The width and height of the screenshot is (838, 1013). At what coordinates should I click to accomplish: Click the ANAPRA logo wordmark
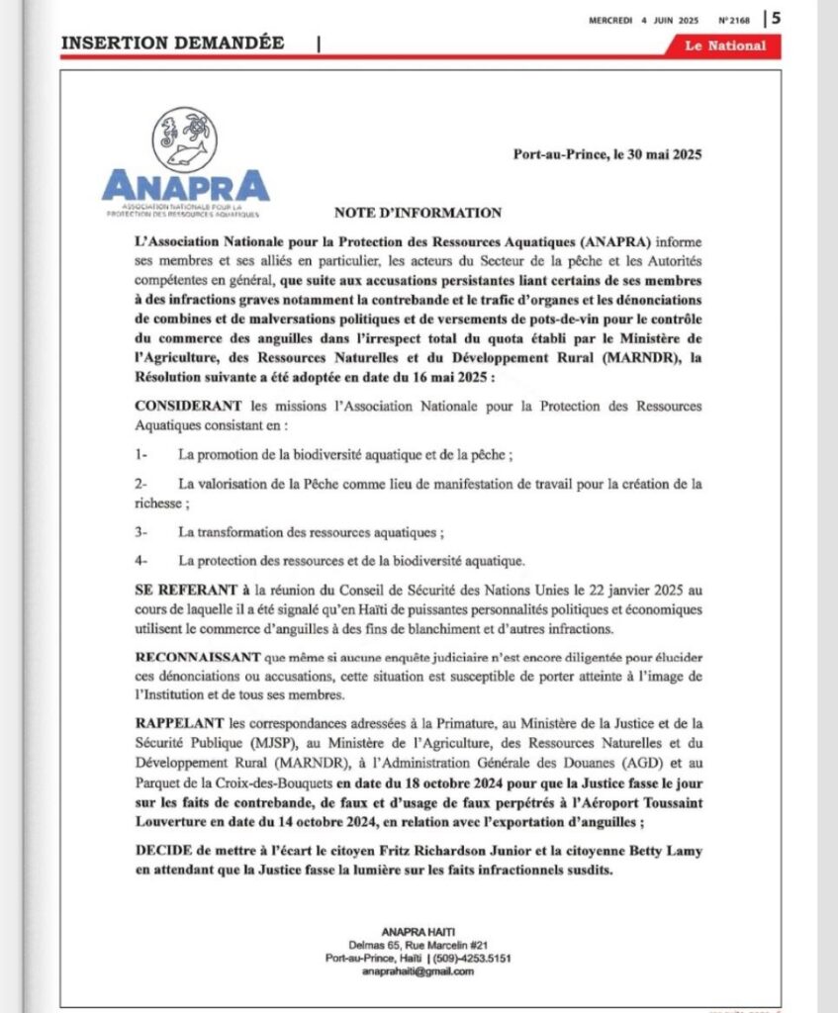[x=185, y=186]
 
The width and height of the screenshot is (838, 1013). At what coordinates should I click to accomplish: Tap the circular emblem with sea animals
[x=185, y=138]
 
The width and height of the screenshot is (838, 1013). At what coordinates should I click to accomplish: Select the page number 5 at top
[x=777, y=17]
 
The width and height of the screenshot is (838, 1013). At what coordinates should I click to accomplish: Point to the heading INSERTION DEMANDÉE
[x=173, y=43]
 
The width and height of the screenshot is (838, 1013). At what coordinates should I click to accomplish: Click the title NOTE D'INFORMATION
[x=418, y=213]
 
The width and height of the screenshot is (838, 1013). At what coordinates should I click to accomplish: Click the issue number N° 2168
[x=735, y=18]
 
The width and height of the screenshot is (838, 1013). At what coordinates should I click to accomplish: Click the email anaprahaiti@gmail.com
[x=418, y=971]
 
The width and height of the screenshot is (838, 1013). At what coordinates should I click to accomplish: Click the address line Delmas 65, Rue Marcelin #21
[x=418, y=946]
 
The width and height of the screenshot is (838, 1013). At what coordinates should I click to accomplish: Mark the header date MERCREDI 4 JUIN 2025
[x=649, y=18]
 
